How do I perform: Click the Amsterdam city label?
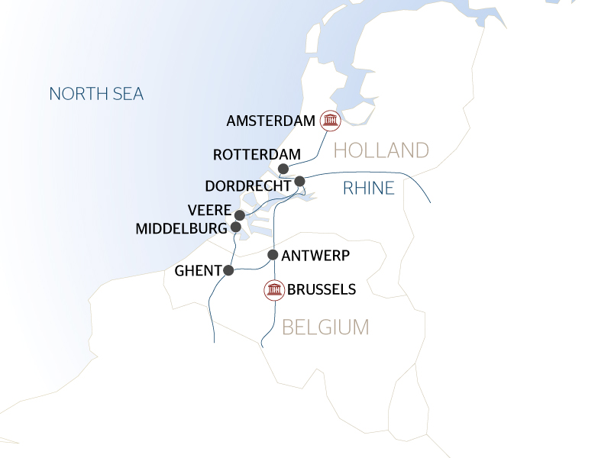click(x=271, y=121)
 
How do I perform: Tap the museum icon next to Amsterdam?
click(x=331, y=121)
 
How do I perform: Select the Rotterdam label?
click(x=257, y=154)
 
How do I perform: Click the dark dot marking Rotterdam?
click(x=283, y=169)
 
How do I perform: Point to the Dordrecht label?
click(x=248, y=185)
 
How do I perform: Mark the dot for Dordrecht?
click(x=299, y=181)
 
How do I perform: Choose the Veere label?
click(x=209, y=209)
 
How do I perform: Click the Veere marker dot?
click(x=240, y=215)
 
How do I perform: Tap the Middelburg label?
click(x=180, y=227)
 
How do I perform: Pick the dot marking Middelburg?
click(x=236, y=227)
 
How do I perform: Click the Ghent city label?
click(x=197, y=270)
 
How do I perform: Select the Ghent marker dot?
click(x=228, y=269)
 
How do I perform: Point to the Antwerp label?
click(x=315, y=256)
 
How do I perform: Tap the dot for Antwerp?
click(x=273, y=255)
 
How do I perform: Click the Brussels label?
click(x=322, y=289)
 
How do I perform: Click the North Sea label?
click(x=96, y=94)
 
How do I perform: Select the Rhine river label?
click(x=368, y=188)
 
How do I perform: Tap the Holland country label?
click(x=381, y=150)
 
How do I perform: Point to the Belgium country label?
click(x=325, y=327)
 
